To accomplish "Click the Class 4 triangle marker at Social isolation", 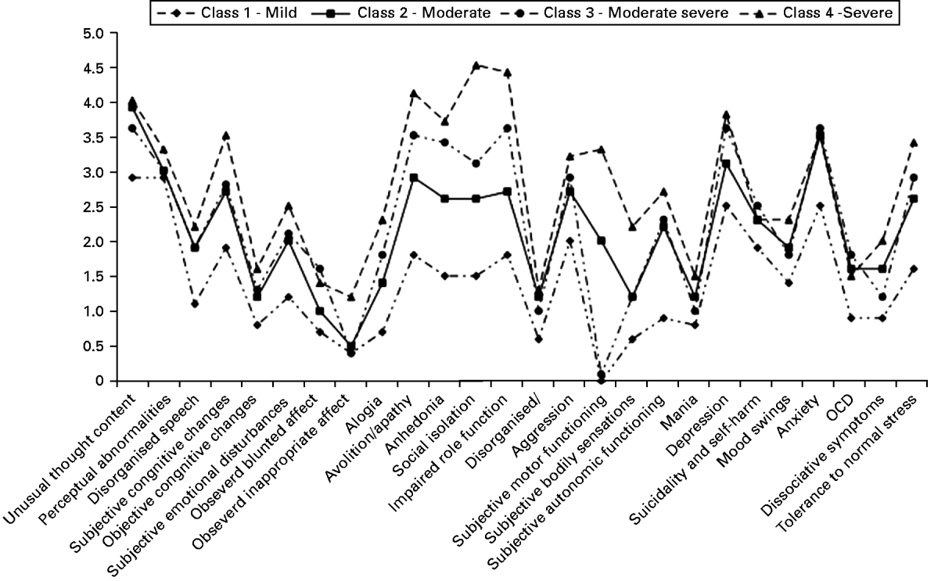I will pyautogui.click(x=476, y=65).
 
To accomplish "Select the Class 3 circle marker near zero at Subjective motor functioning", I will pyautogui.click(x=601, y=375).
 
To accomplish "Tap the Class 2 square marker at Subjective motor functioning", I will pyautogui.click(x=601, y=241).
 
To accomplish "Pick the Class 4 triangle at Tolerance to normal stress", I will pyautogui.click(x=913, y=142).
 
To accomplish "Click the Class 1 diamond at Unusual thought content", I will pyautogui.click(x=132, y=178).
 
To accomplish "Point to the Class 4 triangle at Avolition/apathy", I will pyautogui.click(x=414, y=93).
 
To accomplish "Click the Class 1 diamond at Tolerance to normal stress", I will pyautogui.click(x=913, y=268).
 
